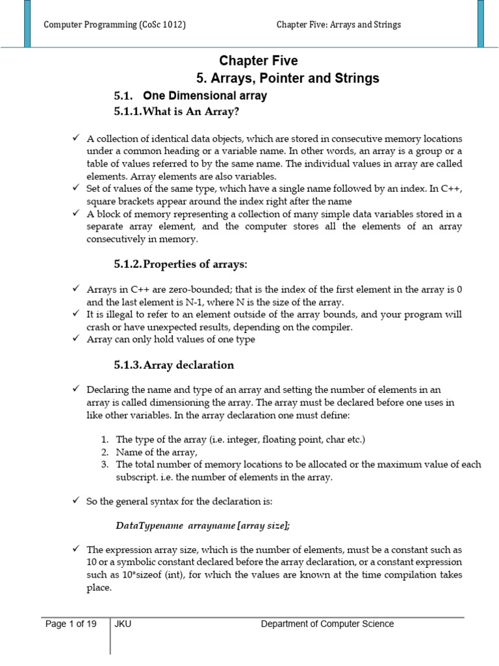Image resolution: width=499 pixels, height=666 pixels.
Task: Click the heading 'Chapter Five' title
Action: point(259,60)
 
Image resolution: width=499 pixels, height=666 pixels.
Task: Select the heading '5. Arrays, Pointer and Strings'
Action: point(287,79)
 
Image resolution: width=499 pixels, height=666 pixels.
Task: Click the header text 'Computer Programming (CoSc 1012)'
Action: point(114,25)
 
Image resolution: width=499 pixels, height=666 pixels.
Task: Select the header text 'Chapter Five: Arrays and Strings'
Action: point(339,25)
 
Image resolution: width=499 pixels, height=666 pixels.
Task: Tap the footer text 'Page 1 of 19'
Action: point(71,624)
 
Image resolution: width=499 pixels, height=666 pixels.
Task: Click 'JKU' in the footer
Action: point(123,624)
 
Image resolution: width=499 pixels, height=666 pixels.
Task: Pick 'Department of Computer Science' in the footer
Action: point(327,624)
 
